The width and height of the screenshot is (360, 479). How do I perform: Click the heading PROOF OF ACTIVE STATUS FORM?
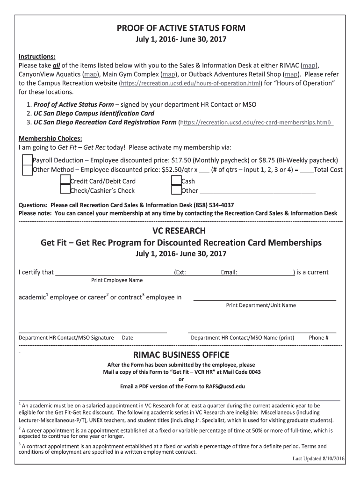(180, 29)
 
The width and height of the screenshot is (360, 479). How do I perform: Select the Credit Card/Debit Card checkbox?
(65, 181)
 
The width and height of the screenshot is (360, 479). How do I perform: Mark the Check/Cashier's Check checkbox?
(65, 190)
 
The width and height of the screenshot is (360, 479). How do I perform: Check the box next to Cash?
(176, 181)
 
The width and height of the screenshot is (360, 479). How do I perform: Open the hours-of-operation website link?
(191, 83)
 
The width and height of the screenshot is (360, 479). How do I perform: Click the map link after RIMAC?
(309, 65)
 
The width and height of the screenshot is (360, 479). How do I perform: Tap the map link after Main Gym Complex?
(168, 74)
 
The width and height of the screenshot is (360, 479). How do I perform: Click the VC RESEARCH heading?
(180, 231)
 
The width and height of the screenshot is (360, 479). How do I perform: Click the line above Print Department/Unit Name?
(265, 298)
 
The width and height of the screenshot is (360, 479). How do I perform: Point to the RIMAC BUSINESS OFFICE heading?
(180, 355)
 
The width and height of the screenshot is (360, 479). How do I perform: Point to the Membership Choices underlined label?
(50, 138)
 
